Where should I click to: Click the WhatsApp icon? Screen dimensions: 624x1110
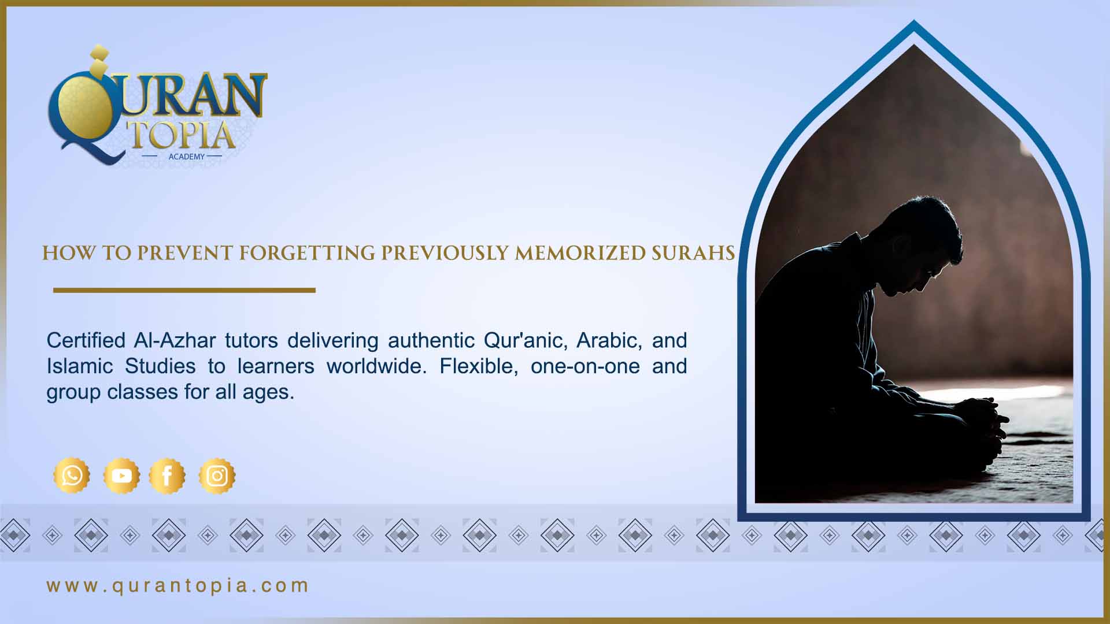[x=72, y=476]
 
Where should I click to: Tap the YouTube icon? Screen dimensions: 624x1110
[x=121, y=476]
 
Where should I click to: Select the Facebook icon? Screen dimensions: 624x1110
[x=167, y=476]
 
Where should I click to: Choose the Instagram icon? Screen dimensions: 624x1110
[x=217, y=476]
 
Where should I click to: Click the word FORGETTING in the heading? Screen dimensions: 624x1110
[x=307, y=253]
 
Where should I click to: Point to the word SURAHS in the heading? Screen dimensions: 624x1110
[x=693, y=253]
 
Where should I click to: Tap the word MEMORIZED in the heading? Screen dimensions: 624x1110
[x=580, y=253]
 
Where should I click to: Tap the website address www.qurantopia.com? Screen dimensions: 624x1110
[x=177, y=586]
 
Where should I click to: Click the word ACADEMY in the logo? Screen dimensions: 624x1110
[x=187, y=157]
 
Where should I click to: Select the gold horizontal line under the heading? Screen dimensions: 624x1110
[x=184, y=290]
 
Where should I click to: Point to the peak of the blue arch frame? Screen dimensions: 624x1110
[x=914, y=24]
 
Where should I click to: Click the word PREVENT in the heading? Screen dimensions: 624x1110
[x=184, y=253]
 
